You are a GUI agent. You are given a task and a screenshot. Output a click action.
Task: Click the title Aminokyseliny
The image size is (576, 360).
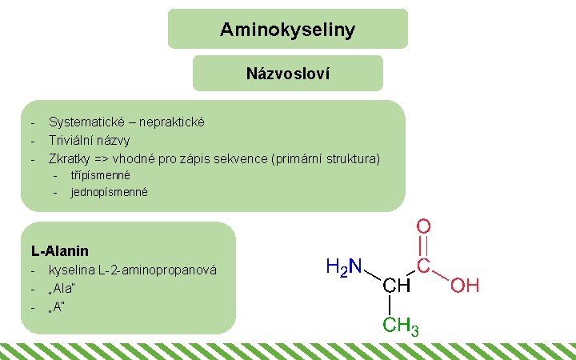[287, 30]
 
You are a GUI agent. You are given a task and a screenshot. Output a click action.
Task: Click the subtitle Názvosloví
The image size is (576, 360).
[288, 74]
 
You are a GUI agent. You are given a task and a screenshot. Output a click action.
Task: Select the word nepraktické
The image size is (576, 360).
[172, 122]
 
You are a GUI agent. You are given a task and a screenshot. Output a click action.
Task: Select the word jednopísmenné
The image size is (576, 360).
[109, 192]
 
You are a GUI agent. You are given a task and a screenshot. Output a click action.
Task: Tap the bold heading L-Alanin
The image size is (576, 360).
[60, 251]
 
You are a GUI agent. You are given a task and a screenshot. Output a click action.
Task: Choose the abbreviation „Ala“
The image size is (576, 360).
[65, 288]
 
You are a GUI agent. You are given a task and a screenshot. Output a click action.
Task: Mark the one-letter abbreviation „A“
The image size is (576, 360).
[57, 306]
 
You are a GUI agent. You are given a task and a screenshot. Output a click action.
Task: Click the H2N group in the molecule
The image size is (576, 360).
[343, 266]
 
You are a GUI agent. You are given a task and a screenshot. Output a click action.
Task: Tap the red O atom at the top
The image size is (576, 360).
[424, 227]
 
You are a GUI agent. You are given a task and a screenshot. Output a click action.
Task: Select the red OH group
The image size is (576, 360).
[464, 286]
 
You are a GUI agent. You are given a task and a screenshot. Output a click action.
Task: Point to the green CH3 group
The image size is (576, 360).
[401, 326]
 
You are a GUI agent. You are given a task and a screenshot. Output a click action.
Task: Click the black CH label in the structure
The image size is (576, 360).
[396, 286]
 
